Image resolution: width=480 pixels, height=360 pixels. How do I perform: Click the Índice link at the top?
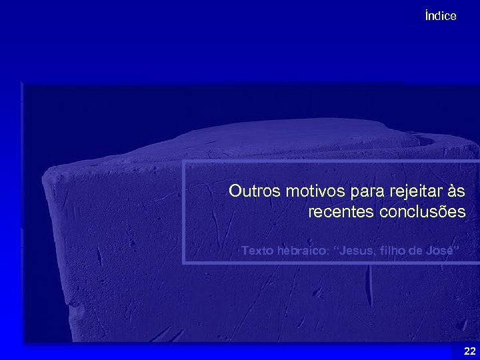441,16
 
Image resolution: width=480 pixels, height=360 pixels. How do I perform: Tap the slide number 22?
469,351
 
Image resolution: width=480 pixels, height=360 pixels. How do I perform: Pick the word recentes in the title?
341,213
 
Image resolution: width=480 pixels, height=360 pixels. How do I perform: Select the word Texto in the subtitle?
255,251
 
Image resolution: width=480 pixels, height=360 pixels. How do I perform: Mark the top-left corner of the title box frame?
184,162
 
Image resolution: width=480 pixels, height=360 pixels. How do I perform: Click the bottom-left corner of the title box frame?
184,263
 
